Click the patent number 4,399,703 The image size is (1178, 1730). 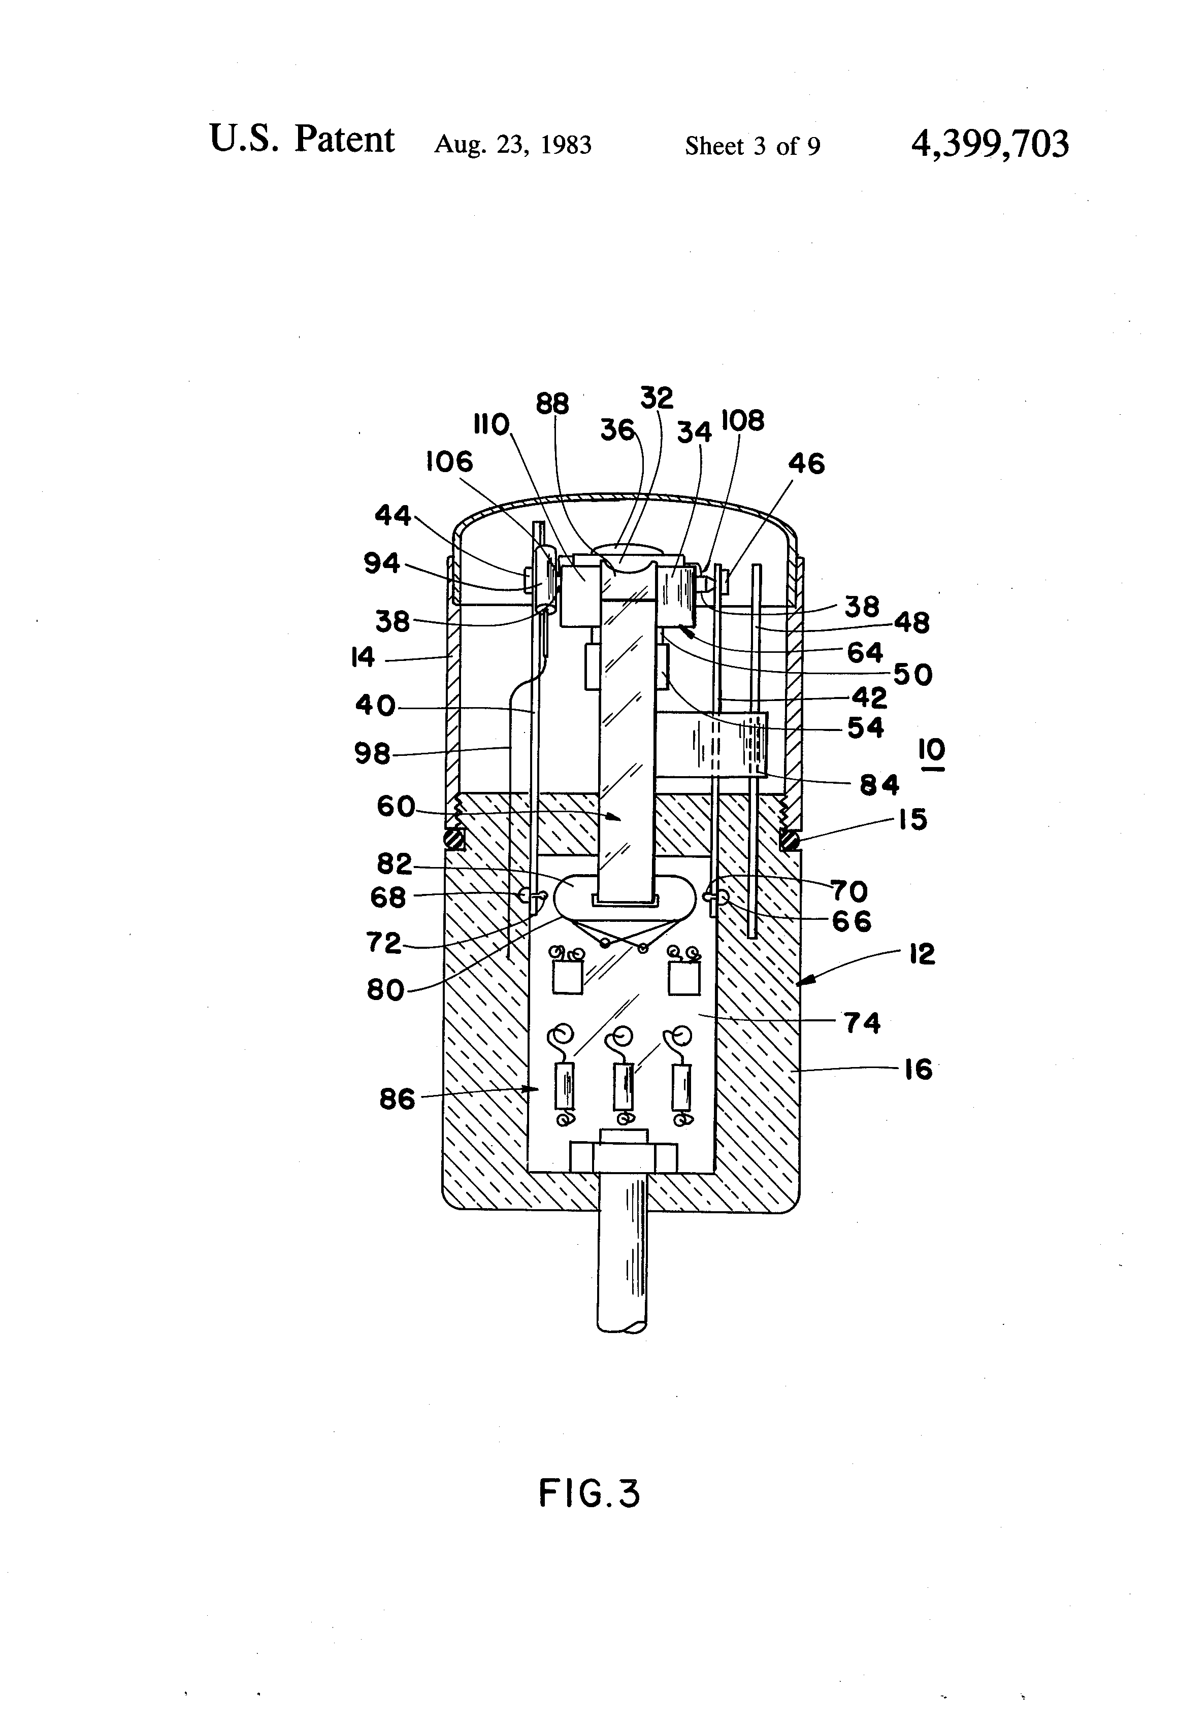pyautogui.click(x=990, y=144)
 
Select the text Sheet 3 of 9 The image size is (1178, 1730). pyautogui.click(x=752, y=146)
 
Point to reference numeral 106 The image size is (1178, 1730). pyautogui.click(x=449, y=462)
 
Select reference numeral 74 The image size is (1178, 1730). pyautogui.click(x=862, y=1023)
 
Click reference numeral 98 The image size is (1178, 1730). pyautogui.click(x=372, y=754)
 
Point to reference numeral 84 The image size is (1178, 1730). pyautogui.click(x=879, y=785)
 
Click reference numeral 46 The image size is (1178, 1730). pyautogui.click(x=806, y=464)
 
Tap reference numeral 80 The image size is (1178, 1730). pyautogui.click(x=385, y=990)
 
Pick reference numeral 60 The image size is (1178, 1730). pyautogui.click(x=396, y=806)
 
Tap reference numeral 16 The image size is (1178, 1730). pyautogui.click(x=918, y=1070)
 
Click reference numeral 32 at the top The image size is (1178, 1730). pyautogui.click(x=656, y=398)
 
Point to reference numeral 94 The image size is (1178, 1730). pyautogui.click(x=381, y=563)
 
